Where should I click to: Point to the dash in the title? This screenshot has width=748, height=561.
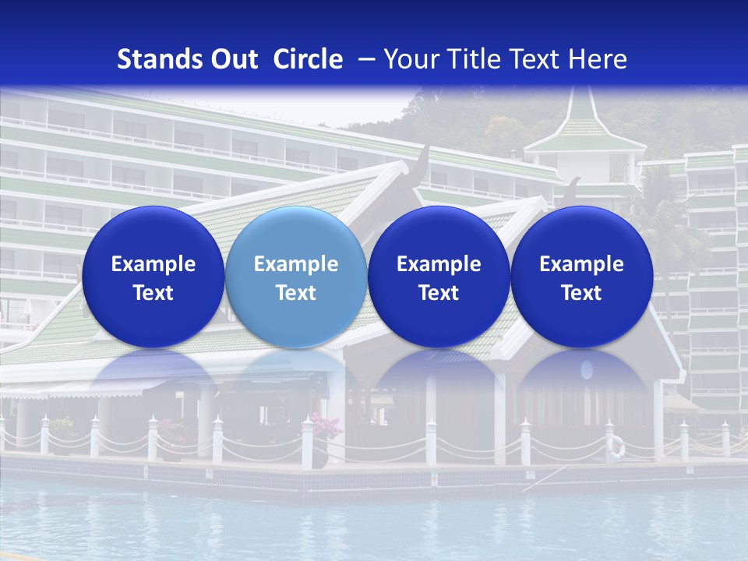363,60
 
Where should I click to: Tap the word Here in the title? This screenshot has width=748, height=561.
597,59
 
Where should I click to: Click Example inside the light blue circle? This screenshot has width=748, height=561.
296,264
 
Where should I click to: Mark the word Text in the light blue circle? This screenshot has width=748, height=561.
296,293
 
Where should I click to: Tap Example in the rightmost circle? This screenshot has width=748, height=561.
582,264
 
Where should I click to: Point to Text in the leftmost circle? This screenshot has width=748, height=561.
153,293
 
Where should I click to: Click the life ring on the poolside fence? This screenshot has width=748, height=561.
616,446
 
